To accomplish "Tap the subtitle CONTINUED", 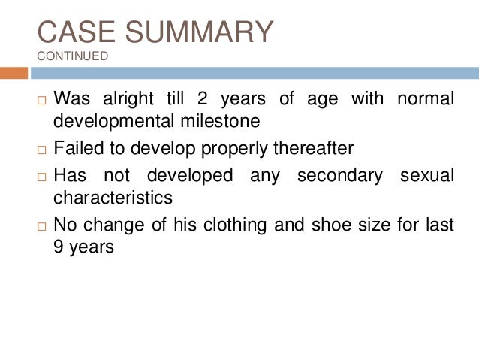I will coord(72,56).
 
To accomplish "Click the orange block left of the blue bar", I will coord(14,73).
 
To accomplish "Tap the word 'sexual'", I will coord(428,175).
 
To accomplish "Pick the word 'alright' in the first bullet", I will coord(120,98).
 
